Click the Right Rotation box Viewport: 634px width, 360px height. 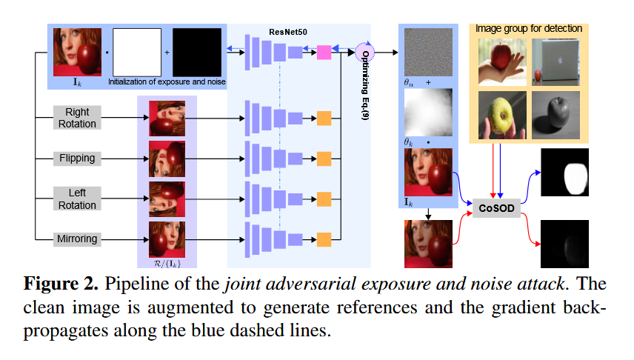(76, 118)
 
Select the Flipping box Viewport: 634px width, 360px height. (76, 158)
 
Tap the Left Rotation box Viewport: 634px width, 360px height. (76, 199)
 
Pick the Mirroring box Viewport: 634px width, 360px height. (76, 239)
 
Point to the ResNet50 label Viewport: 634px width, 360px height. (287, 32)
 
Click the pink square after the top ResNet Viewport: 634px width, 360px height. (324, 51)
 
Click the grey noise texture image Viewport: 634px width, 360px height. (427, 51)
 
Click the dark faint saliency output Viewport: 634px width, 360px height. (569, 242)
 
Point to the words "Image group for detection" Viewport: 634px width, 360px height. (527, 28)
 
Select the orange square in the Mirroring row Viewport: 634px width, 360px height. (324, 239)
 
